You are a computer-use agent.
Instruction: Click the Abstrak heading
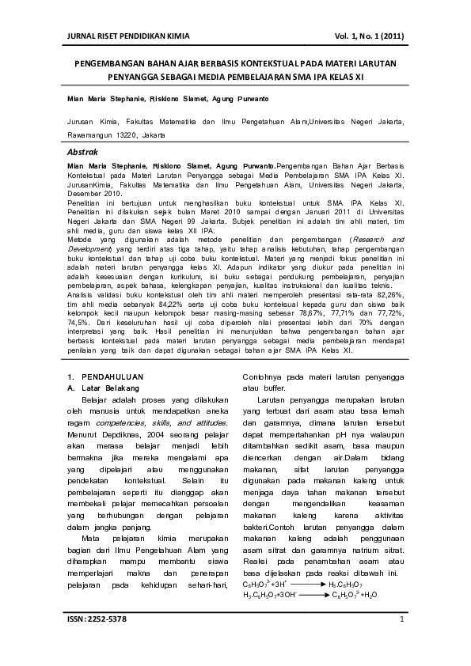[x=82, y=150]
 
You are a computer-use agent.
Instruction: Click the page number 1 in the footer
[x=402, y=639]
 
